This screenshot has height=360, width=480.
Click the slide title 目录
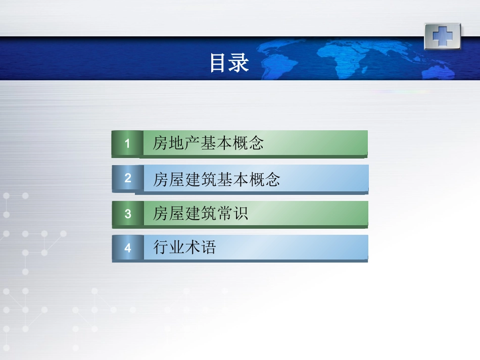(x=229, y=63)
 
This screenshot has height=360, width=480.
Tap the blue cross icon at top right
(x=442, y=36)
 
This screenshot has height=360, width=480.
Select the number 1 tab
(x=127, y=144)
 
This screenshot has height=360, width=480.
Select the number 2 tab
(x=128, y=178)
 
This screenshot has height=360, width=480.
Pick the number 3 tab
(x=128, y=214)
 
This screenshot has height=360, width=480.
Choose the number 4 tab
(x=128, y=248)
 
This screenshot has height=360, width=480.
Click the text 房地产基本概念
(x=208, y=144)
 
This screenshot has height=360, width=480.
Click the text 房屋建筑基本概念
(x=216, y=180)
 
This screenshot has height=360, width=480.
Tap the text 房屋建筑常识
(x=201, y=214)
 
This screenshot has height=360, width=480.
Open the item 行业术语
(x=184, y=248)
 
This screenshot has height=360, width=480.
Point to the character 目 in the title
(x=219, y=63)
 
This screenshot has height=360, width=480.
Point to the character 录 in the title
(x=240, y=63)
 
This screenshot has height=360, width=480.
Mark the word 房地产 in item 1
(x=176, y=144)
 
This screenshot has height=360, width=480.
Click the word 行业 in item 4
(x=169, y=248)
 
